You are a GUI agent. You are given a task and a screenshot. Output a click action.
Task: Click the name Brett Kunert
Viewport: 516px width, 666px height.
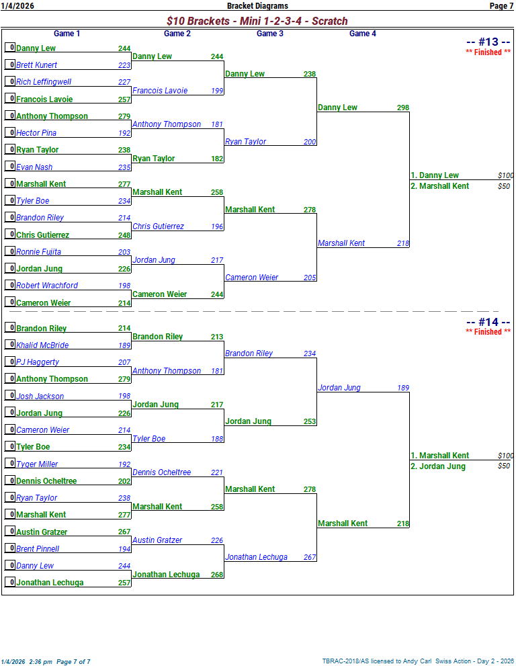click(x=36, y=65)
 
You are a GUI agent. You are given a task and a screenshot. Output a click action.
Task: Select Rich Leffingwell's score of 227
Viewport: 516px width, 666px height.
click(x=124, y=82)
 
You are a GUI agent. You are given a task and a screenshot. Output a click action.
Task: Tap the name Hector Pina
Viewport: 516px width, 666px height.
click(x=36, y=133)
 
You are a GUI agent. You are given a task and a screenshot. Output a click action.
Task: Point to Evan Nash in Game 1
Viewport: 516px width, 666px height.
click(x=34, y=167)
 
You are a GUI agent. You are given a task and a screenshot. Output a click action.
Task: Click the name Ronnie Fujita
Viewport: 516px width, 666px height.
click(x=38, y=252)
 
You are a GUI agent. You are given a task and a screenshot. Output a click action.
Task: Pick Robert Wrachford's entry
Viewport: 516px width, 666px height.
click(x=47, y=286)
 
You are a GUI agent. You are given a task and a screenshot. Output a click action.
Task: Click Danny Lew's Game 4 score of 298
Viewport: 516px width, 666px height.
click(x=402, y=108)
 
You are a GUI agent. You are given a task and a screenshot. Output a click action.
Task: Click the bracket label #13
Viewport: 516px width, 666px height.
click(x=488, y=42)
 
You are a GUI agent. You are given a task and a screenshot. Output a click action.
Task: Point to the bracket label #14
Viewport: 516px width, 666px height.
click(x=488, y=322)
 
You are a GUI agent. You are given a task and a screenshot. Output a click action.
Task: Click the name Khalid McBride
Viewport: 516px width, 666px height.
click(x=42, y=345)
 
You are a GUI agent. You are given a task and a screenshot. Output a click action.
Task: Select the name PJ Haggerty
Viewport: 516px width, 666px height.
click(x=38, y=362)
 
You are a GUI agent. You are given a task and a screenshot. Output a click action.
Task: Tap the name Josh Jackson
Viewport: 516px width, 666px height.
click(x=40, y=397)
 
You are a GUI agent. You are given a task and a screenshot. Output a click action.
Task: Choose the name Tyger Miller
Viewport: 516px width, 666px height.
click(x=37, y=464)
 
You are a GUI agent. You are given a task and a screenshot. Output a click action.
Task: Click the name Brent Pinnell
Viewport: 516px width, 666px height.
click(x=38, y=549)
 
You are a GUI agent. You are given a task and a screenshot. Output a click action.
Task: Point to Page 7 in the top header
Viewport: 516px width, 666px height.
click(x=501, y=6)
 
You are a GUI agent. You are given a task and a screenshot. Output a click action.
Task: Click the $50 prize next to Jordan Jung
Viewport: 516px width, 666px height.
click(x=503, y=466)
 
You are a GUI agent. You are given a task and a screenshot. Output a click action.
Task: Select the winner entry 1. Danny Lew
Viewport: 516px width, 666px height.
click(x=435, y=175)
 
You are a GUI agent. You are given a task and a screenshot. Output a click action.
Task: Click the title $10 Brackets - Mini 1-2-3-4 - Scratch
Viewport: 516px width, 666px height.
click(x=257, y=22)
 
